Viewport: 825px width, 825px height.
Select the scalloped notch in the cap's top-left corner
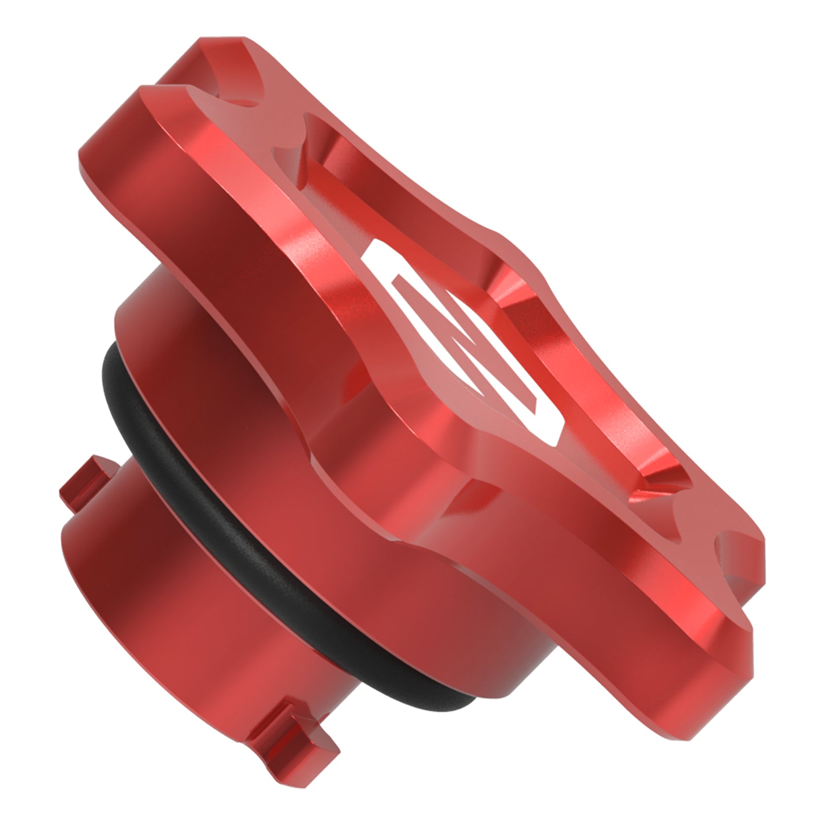point(211,95)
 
